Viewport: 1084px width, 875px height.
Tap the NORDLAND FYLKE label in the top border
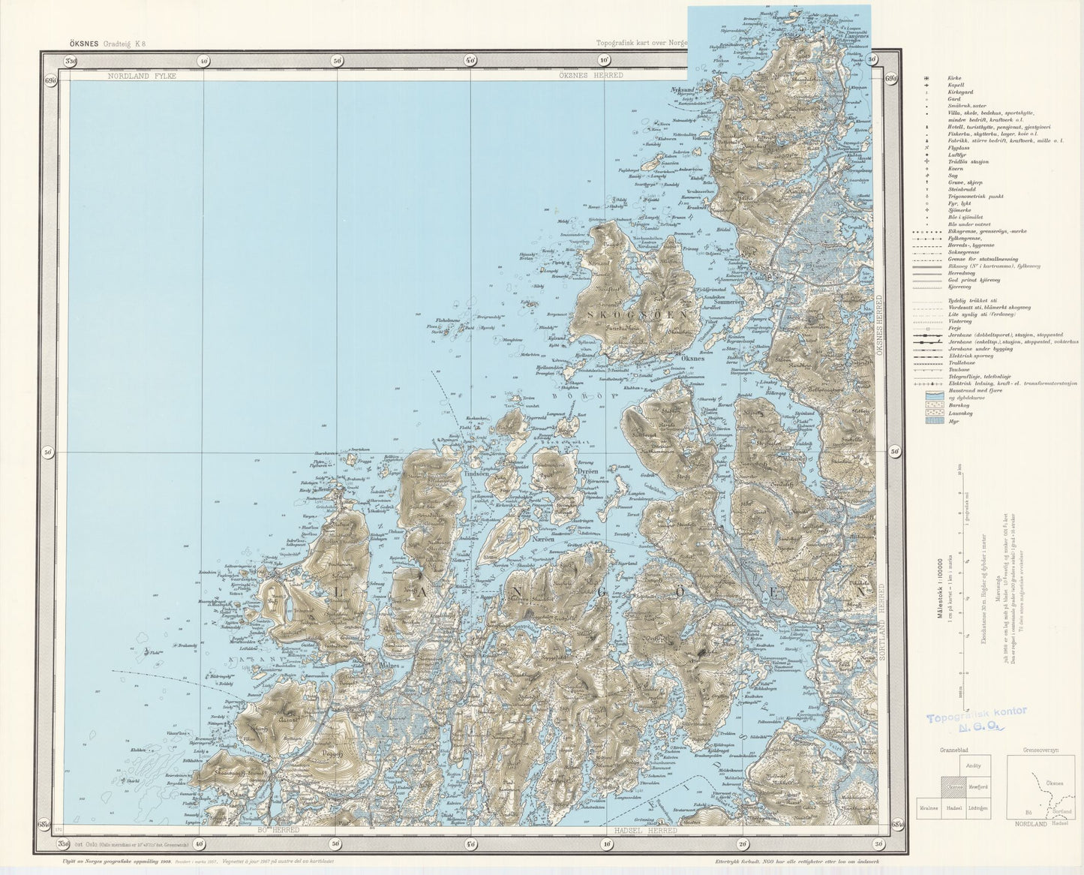pyautogui.click(x=141, y=76)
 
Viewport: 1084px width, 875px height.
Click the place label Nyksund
pyautogui.click(x=682, y=89)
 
